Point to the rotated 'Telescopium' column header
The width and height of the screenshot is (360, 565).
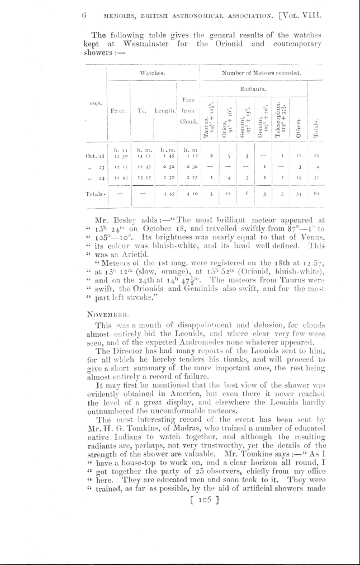[x=281, y=119]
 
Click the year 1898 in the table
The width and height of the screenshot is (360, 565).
[x=95, y=103]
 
